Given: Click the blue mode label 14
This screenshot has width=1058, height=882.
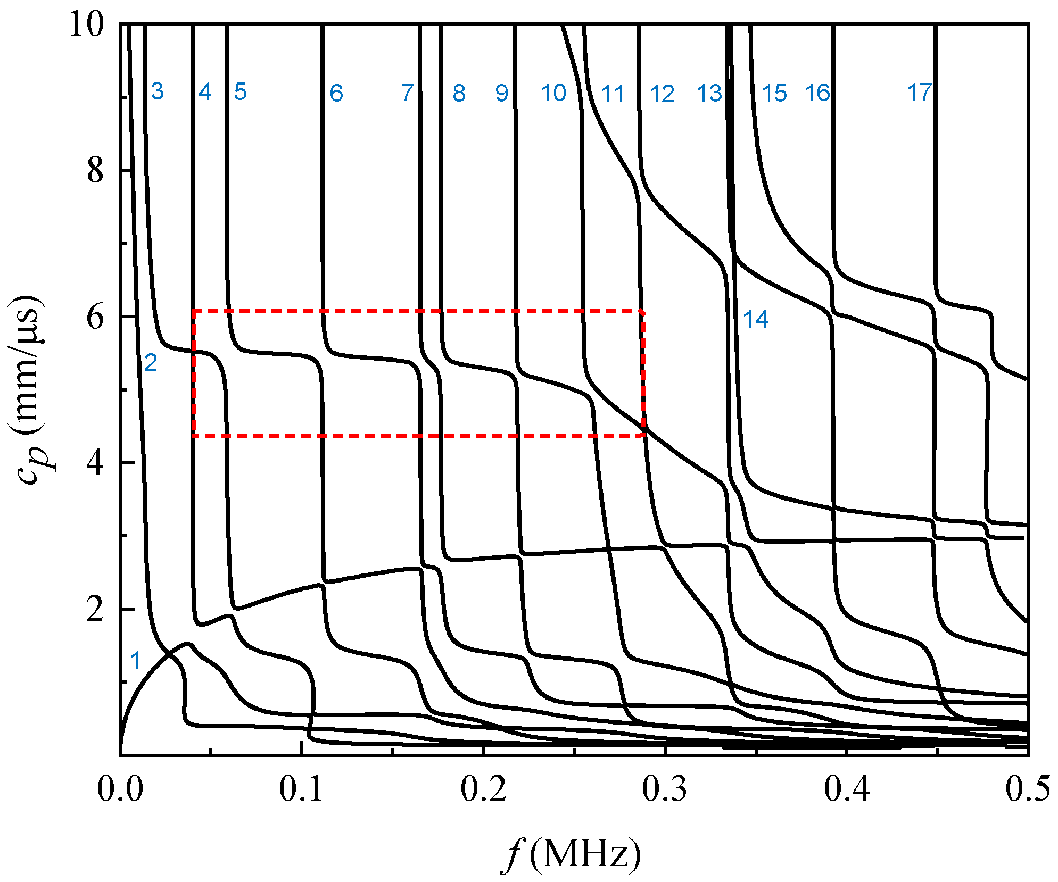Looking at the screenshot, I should coord(756,320).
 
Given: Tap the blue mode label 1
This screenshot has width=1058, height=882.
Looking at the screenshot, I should coord(136,661).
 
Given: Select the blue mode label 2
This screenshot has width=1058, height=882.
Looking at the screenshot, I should coord(151,363).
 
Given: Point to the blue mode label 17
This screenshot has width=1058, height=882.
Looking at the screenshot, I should coord(920,93).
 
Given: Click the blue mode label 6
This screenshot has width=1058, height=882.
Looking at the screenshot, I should coord(336,94).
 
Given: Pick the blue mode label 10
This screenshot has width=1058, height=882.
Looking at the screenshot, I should coord(553,93).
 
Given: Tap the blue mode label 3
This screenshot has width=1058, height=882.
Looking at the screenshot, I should coord(157,91).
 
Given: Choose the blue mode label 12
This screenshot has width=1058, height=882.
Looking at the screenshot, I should coord(662,94).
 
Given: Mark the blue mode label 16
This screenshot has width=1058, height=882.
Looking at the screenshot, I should coord(817,93).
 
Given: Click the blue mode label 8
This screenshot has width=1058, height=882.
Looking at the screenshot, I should coord(459,94).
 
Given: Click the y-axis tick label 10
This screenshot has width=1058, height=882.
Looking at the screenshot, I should coord(86,24).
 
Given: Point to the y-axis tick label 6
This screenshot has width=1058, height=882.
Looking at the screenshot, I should coord(95,318).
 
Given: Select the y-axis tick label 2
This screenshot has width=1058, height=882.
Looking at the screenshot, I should coord(95,610).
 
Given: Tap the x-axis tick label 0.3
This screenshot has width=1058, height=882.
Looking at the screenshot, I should coord(665,789).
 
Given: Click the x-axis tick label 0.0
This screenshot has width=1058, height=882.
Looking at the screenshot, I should coord(120,789).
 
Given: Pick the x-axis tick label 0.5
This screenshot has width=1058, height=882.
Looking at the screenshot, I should coord(1028,789).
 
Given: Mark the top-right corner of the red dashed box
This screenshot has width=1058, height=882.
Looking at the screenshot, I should coord(643,311).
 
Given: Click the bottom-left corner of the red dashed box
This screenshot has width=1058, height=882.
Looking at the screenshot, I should coord(194,436).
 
